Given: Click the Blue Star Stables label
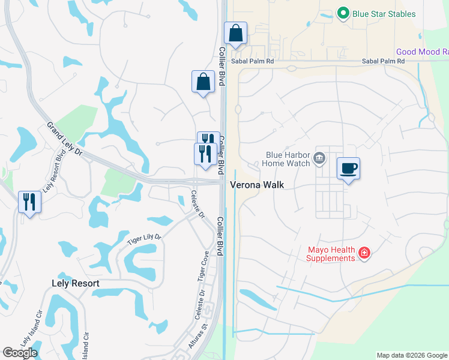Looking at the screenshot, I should click(384, 13).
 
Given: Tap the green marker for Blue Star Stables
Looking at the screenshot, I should click(343, 13).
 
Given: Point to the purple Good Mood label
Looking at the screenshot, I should click(422, 52).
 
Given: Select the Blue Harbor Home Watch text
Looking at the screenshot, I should click(288, 158).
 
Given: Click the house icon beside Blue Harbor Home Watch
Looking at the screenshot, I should click(319, 158).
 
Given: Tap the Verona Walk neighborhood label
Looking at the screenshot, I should click(257, 185).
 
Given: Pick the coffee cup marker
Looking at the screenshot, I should click(348, 169).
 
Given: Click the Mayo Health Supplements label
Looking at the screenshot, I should click(331, 254).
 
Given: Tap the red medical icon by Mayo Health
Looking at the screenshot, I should click(364, 254).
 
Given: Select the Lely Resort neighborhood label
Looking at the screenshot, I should click(75, 283).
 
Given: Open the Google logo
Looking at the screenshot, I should click(20, 353).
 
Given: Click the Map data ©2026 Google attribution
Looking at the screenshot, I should click(412, 355).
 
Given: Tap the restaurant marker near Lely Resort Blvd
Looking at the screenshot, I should click(29, 202).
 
